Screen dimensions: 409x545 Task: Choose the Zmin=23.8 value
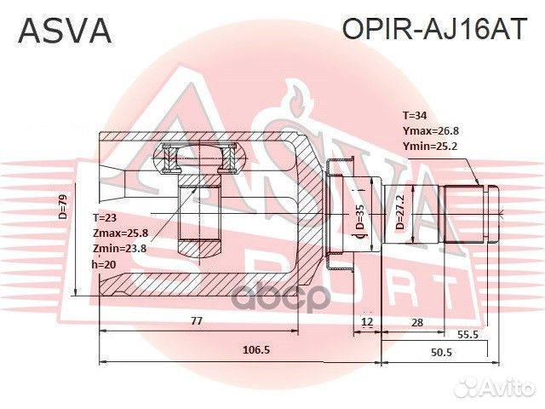(x=119, y=248)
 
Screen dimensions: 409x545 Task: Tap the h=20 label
(x=104, y=263)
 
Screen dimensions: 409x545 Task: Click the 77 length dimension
(x=197, y=321)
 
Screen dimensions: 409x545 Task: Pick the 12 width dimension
(x=367, y=321)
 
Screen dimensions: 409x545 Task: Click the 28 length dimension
(x=417, y=321)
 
